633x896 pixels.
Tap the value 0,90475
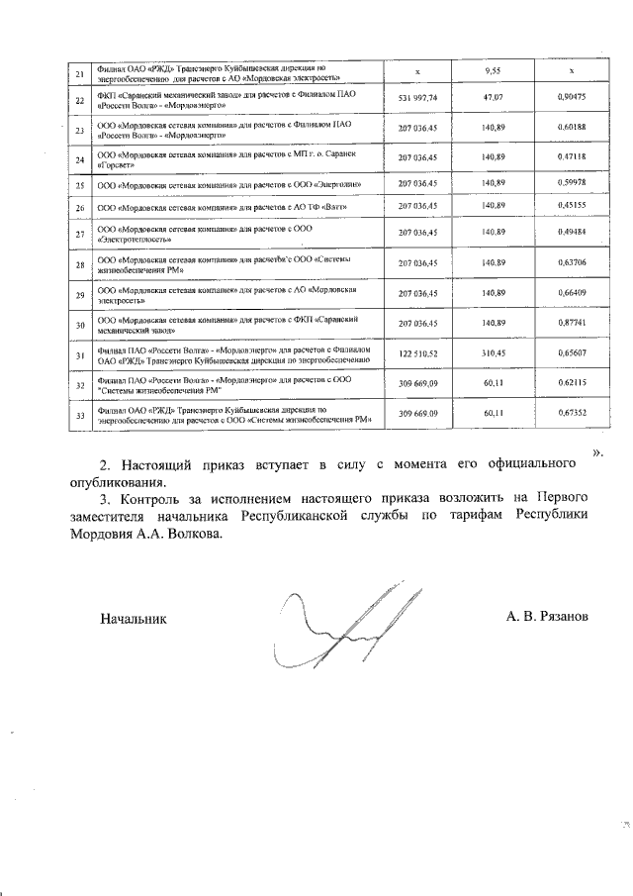[571, 99]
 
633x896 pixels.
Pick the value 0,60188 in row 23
[571, 129]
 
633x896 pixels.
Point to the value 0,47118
[571, 157]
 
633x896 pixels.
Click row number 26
[79, 207]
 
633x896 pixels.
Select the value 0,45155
[571, 206]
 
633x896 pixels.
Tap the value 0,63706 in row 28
[571, 263]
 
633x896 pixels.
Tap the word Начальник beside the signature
[134, 618]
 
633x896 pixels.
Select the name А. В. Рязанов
[547, 616]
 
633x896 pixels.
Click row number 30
[79, 324]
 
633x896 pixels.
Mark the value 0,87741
[571, 323]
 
